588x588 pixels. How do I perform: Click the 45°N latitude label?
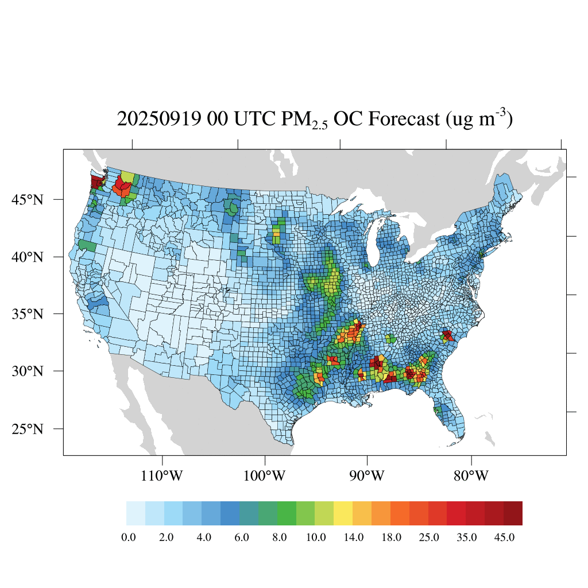click(28, 200)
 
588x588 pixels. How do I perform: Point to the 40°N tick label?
click(28, 257)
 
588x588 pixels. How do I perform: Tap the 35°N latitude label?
click(28, 314)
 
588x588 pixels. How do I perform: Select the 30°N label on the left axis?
click(28, 371)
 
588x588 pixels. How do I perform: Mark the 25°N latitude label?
click(28, 429)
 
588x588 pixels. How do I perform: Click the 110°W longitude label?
click(163, 476)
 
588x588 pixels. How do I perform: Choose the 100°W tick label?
click(265, 476)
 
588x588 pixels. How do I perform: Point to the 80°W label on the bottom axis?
click(471, 476)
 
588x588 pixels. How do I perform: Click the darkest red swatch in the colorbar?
click(513, 513)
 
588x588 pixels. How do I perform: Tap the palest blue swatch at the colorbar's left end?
click(136, 513)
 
